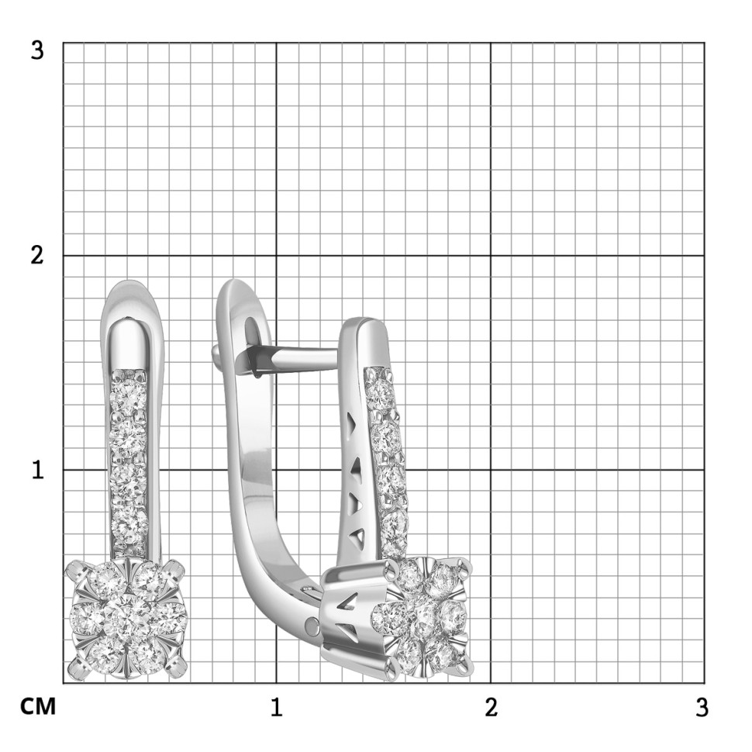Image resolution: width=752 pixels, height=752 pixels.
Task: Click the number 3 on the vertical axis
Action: coord(36,49)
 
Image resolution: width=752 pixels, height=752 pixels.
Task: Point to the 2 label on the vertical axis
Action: coord(36,256)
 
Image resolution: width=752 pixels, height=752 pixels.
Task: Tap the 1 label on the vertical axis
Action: coord(36,470)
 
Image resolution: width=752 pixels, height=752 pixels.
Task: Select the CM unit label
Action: coord(37,707)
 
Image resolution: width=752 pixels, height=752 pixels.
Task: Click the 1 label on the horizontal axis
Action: coord(276,707)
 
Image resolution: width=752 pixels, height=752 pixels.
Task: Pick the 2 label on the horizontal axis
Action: coord(490,707)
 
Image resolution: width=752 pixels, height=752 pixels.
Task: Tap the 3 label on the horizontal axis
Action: coord(702,707)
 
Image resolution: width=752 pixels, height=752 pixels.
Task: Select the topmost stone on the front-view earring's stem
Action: coord(128,392)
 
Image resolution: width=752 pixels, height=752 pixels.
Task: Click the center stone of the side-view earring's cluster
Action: coord(425,618)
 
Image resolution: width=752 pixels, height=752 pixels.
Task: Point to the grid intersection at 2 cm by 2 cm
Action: coord(490,256)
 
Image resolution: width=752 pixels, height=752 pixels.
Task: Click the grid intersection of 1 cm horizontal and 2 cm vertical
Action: coord(277,256)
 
